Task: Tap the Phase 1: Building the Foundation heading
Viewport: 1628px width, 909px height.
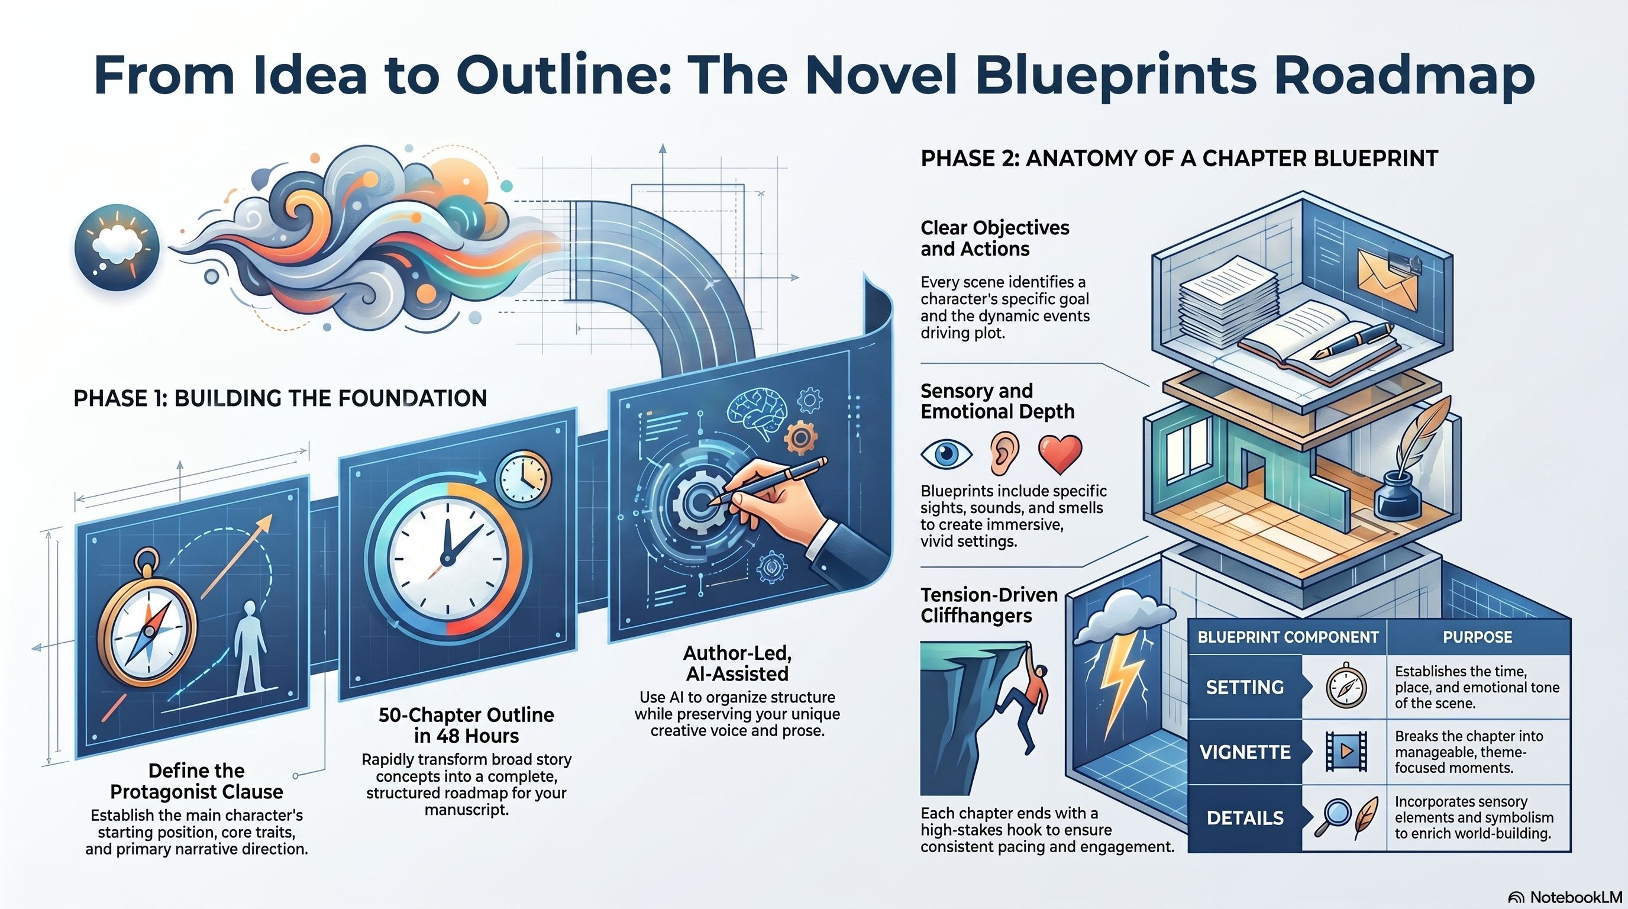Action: point(280,398)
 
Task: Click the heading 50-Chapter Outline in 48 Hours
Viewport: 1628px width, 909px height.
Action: point(466,725)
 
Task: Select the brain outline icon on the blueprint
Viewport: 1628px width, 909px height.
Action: point(757,410)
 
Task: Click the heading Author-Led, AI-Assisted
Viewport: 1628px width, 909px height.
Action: point(738,663)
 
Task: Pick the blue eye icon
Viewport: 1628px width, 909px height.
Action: point(946,454)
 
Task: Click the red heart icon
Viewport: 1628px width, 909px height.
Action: point(1060,454)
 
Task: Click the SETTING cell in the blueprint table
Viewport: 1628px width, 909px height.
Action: point(1245,687)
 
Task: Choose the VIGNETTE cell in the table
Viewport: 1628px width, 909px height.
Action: point(1245,752)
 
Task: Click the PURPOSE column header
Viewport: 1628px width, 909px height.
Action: point(1477,637)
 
